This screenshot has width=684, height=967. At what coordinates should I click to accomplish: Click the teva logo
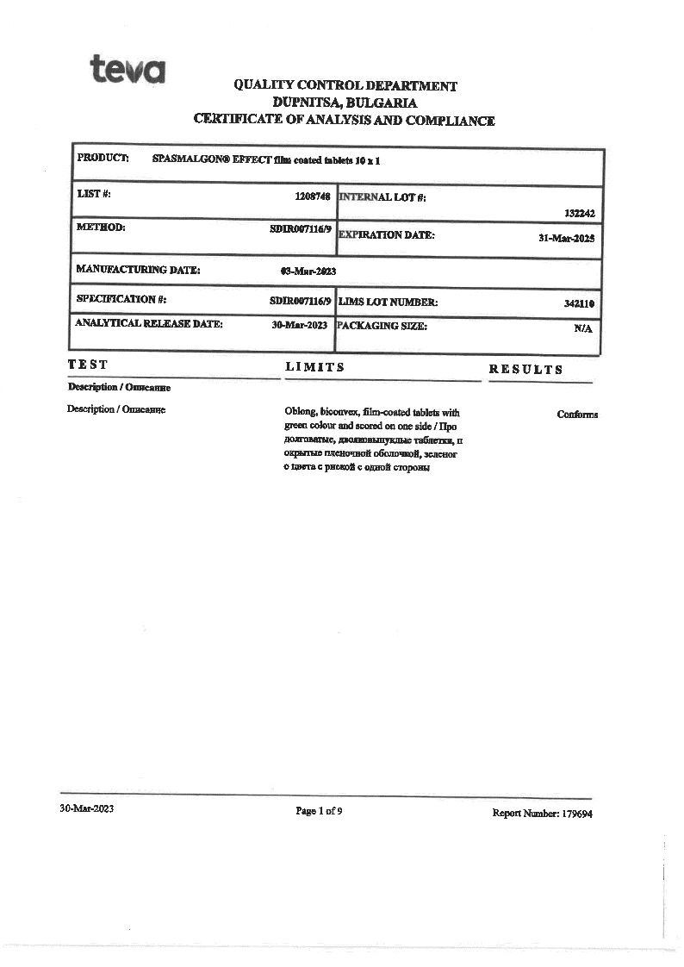(127, 68)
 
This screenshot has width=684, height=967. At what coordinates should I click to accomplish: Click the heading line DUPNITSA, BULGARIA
(345, 103)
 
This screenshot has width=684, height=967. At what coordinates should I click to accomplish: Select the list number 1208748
(313, 197)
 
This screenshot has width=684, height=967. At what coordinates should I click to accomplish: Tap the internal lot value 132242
(579, 213)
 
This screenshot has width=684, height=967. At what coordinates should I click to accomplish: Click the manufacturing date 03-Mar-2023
(308, 271)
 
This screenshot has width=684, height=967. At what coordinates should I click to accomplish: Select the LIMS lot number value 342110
(579, 303)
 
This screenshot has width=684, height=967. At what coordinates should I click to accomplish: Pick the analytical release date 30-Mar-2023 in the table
(300, 326)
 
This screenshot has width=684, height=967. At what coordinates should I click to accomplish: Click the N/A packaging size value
(583, 328)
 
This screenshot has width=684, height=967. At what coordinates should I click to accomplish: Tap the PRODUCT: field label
(103, 158)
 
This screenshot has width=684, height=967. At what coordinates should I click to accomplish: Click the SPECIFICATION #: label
(121, 300)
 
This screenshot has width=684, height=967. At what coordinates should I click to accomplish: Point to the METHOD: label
(101, 228)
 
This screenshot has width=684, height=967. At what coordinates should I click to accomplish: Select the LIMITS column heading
(314, 368)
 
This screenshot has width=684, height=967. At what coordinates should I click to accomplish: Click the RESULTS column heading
(525, 370)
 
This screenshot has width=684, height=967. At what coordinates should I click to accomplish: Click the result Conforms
(577, 415)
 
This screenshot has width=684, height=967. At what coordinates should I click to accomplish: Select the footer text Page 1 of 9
(319, 811)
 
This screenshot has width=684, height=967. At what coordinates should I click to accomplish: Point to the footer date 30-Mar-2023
(86, 809)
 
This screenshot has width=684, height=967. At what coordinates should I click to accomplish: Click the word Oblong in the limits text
(299, 413)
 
